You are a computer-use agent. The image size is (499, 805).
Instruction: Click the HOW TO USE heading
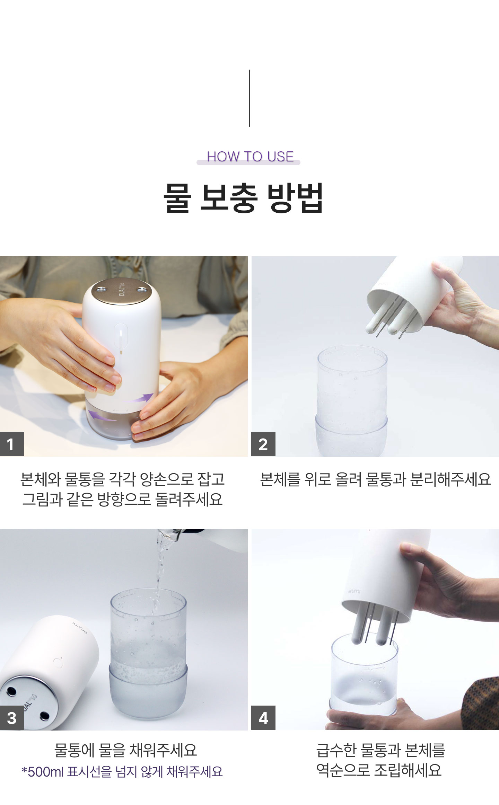(x=250, y=157)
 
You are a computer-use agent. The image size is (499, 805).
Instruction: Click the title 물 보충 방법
(x=243, y=197)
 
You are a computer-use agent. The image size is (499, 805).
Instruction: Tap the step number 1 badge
(x=12, y=444)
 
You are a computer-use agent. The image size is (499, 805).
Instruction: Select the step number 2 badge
(x=263, y=444)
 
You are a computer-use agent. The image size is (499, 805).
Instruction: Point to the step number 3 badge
(x=12, y=718)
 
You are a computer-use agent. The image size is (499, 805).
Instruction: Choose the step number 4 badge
(x=263, y=718)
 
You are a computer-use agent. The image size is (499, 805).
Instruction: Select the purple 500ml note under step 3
(x=122, y=772)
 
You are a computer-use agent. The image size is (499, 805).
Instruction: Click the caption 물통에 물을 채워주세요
(x=125, y=750)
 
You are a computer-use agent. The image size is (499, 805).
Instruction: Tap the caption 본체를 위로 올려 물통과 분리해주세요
(x=375, y=479)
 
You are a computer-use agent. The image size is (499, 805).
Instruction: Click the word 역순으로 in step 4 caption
(x=343, y=770)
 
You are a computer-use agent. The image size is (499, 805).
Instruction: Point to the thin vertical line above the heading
(x=249, y=98)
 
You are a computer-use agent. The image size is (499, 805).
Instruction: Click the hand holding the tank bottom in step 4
(x=374, y=715)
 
